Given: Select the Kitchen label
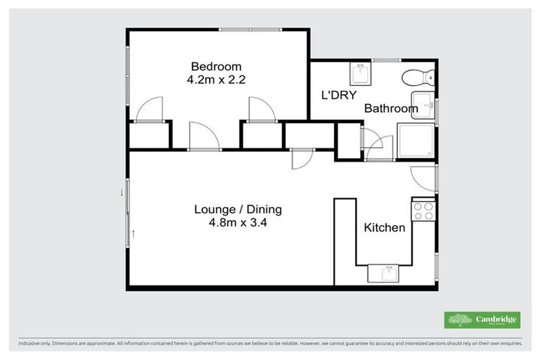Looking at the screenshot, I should coord(384,228).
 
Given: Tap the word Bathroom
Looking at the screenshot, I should coord(390,109).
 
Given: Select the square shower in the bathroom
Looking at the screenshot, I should coord(416,142).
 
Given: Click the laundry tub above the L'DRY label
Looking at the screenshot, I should coord(362,73).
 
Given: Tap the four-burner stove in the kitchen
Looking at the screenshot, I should coord(423,211).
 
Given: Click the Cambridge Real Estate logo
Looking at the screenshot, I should coord(482,320).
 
